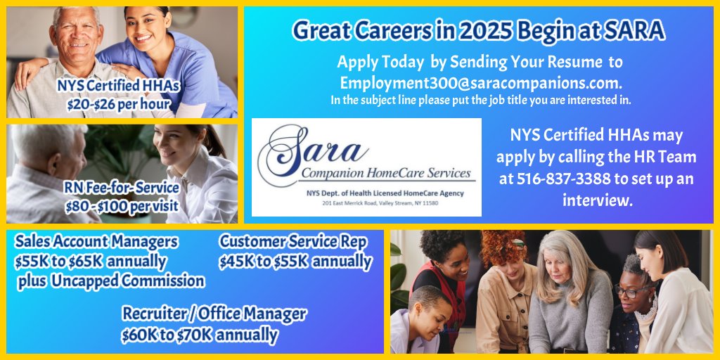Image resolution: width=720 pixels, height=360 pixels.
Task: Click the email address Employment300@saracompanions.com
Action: pos(480,82)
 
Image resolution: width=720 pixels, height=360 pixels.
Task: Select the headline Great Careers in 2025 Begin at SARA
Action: pos(478,30)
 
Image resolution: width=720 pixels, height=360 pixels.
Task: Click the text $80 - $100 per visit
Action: pos(121,207)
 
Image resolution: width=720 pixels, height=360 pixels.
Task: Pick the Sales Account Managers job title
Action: pos(96,242)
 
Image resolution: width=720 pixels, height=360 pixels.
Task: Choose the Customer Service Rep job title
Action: pos(293,242)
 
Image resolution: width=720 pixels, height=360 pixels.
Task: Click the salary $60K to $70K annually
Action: pos(200,335)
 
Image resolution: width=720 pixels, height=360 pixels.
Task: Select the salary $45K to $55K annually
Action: pos(295,262)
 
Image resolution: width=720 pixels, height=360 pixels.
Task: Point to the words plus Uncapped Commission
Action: pos(111,281)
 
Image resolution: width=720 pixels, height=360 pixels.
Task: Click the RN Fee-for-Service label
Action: pos(121,188)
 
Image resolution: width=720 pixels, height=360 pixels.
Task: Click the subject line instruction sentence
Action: pos(480,100)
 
